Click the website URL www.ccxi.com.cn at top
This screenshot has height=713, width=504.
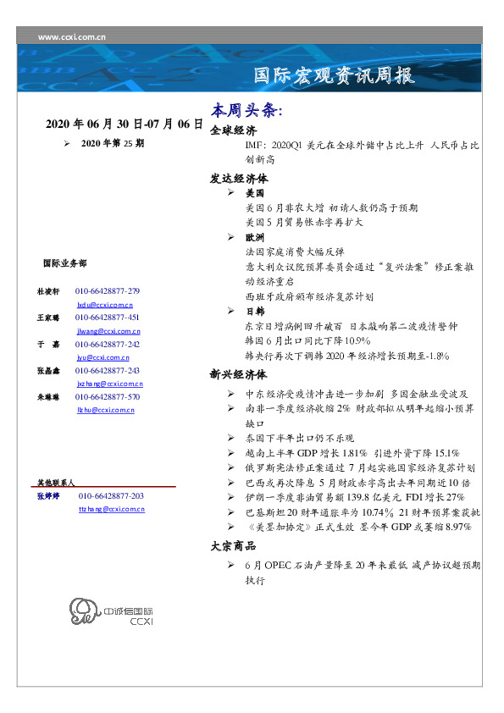pyautogui.click(x=73, y=37)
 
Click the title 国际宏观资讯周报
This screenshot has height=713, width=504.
pyautogui.click(x=335, y=76)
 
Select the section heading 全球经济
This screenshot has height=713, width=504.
pyautogui.click(x=233, y=130)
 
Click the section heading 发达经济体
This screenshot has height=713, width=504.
pyautogui.click(x=239, y=180)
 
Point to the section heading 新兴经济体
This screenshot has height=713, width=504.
pyautogui.click(x=239, y=373)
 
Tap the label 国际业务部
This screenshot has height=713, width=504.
pyautogui.click(x=64, y=263)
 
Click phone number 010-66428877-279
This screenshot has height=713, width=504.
pyautogui.click(x=108, y=291)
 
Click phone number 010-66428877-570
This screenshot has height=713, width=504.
pyautogui.click(x=108, y=396)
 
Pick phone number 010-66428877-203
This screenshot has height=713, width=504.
pyautogui.click(x=111, y=495)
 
